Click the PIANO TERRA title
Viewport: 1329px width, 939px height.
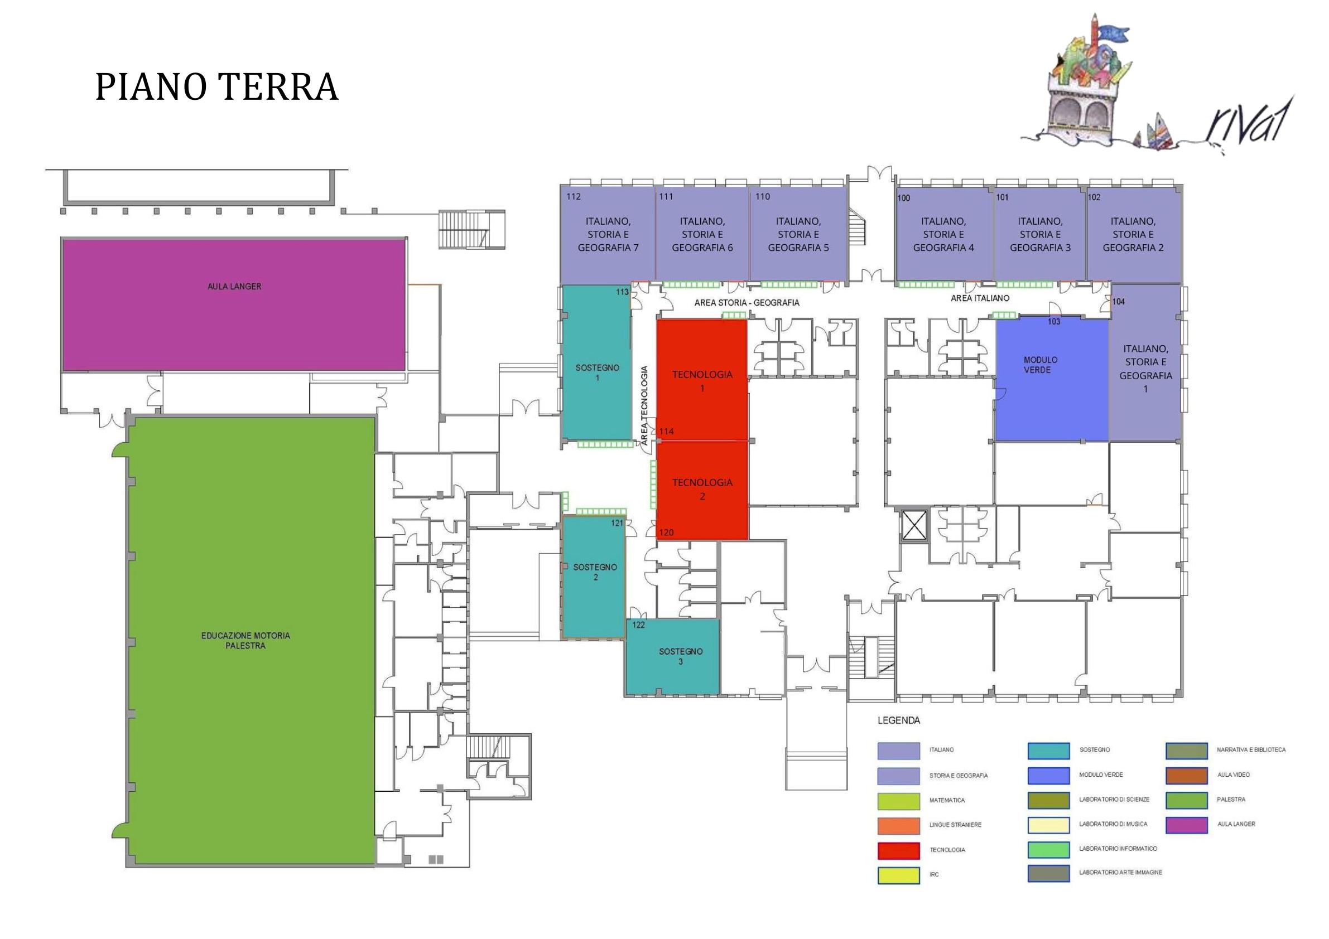coord(216,87)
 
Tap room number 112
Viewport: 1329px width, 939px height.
coord(573,197)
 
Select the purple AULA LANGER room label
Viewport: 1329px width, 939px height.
coord(234,287)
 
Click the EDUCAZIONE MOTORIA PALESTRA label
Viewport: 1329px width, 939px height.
coord(245,641)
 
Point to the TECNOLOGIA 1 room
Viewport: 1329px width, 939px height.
coord(702,381)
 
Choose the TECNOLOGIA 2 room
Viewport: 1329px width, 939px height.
coord(702,489)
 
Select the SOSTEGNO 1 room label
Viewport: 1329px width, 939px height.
coord(597,372)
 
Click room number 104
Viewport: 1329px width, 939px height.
coord(1118,302)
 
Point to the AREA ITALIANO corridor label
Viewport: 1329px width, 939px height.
coord(979,298)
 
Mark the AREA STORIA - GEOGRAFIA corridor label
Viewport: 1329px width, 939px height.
coord(747,303)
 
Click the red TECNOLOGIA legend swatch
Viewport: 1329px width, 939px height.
coord(898,850)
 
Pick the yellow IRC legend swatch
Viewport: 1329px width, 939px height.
coord(898,875)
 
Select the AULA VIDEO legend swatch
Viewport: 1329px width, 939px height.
coord(1187,775)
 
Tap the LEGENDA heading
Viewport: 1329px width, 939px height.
coord(898,721)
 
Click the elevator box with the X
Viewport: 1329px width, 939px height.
coord(914,525)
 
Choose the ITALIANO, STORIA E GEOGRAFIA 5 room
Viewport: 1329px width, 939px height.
coord(798,234)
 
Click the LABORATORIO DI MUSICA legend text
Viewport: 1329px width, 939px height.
coord(1113,824)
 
